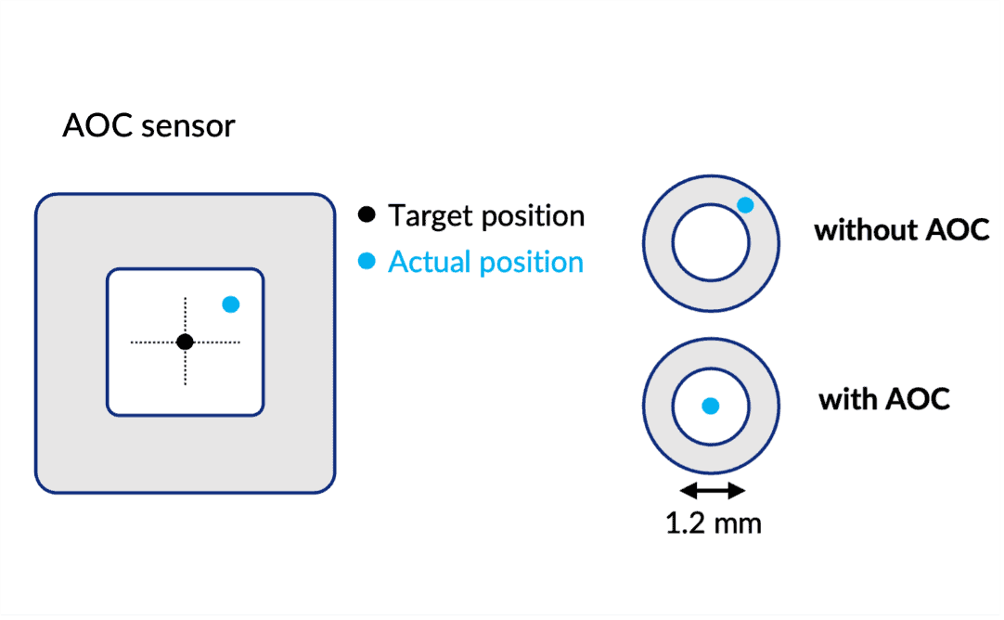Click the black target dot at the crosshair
coord(185,342)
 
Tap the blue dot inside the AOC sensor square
coord(231,304)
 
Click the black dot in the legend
coord(367,215)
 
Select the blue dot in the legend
coord(367,263)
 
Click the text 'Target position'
coord(486,216)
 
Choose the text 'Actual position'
coord(485,263)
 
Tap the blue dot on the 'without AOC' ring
coord(744,205)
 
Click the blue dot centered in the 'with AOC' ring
coord(710,405)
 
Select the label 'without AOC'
coord(902,229)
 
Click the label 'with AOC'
coord(884,399)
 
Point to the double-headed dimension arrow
coord(712,490)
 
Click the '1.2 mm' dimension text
coord(713,523)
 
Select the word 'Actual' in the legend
coord(431,263)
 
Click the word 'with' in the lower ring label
coord(847,399)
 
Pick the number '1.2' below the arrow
coord(685,523)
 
